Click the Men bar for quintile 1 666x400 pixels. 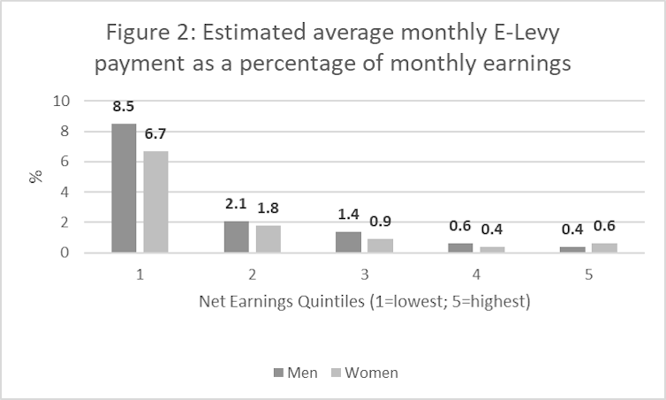click(x=124, y=188)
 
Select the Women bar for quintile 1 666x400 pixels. click(x=155, y=202)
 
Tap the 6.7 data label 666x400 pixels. click(x=156, y=134)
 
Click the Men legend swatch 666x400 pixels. click(x=279, y=373)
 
